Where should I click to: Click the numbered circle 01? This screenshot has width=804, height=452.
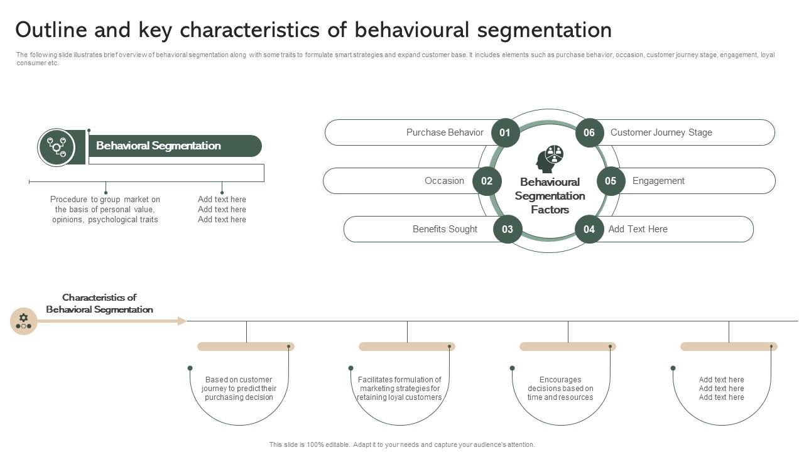point(505,133)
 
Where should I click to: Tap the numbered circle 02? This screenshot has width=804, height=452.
point(487,181)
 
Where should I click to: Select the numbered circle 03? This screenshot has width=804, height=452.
point(508,229)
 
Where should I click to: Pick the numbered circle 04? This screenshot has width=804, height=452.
point(589,229)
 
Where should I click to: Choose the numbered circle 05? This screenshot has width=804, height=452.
point(611,181)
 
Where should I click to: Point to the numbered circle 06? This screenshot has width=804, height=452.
point(589,133)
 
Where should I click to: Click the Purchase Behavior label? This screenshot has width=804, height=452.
point(445,132)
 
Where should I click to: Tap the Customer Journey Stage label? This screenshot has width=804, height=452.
point(661,132)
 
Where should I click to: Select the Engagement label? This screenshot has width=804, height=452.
point(658,181)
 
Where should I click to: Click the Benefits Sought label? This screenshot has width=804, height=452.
point(445,229)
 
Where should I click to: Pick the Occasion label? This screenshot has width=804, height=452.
point(444,181)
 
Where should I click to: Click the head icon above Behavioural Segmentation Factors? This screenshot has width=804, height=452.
point(549,159)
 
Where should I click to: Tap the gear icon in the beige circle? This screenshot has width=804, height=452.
point(24,321)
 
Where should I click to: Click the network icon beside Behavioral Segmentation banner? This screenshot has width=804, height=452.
point(57,147)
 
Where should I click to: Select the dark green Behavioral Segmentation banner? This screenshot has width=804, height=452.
point(173,146)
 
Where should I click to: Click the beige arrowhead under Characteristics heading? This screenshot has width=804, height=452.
point(182,321)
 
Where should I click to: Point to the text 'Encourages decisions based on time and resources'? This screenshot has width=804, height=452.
point(560,389)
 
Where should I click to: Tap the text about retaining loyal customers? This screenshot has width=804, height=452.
point(399,389)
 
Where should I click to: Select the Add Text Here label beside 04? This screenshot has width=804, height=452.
point(638,229)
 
